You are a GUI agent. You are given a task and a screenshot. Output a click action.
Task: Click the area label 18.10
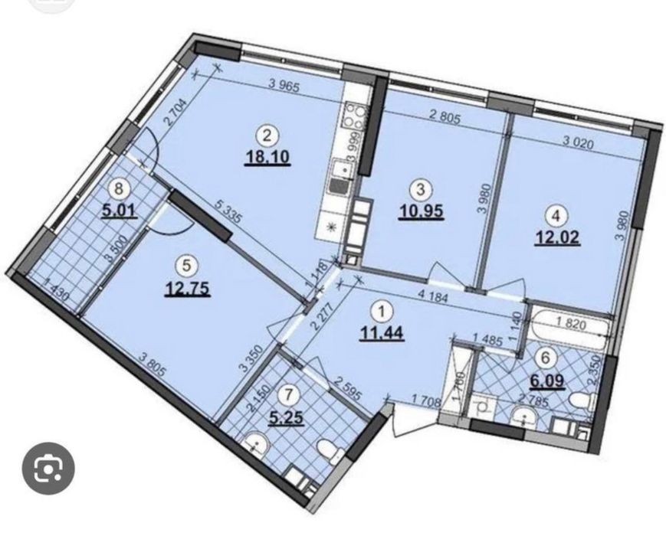(x=267, y=157)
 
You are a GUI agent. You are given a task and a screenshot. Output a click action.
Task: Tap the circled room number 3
(x=421, y=189)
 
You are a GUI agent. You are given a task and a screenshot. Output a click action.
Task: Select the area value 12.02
(x=557, y=237)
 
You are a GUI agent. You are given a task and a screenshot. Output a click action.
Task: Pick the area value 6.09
(x=546, y=381)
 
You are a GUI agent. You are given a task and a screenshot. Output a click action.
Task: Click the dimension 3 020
(x=578, y=144)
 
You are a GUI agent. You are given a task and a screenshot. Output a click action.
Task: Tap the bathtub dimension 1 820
(x=571, y=325)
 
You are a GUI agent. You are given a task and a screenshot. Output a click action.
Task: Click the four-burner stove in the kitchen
(x=356, y=116)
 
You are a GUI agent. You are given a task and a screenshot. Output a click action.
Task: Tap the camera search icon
(x=48, y=469)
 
